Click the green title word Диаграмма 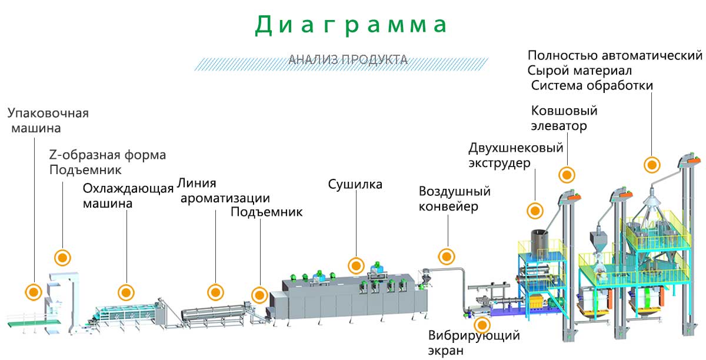pyautogui.click(x=352, y=25)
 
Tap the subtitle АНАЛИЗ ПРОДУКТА pyautogui.click(x=348, y=59)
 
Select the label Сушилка pyautogui.click(x=355, y=185)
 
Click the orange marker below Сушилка pyautogui.click(x=355, y=266)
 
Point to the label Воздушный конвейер pyautogui.click(x=454, y=199)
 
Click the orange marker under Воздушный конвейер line pyautogui.click(x=447, y=256)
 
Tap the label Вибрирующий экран pyautogui.click(x=474, y=343)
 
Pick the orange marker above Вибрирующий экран pyautogui.click(x=482, y=325)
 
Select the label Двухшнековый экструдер pyautogui.click(x=516, y=155)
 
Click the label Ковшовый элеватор pyautogui.click(x=564, y=118)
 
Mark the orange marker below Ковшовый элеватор pyautogui.click(x=567, y=175)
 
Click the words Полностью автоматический pyautogui.click(x=615, y=56)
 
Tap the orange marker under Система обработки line pyautogui.click(x=651, y=165)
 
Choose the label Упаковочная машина pyautogui.click(x=48, y=120)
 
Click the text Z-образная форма pyautogui.click(x=108, y=155)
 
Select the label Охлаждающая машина pyautogui.click(x=128, y=196)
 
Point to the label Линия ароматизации pyautogui.click(x=224, y=191)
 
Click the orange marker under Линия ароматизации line pyautogui.click(x=216, y=292)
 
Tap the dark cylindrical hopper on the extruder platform pyautogui.click(x=539, y=242)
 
